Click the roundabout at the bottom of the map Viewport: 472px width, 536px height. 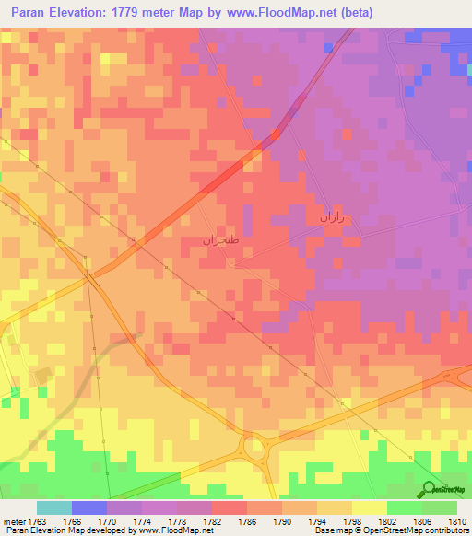254,450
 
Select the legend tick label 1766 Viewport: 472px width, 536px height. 71,520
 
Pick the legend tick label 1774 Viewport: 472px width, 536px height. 143,520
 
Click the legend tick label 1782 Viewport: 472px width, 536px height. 213,520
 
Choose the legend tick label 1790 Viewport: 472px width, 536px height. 283,520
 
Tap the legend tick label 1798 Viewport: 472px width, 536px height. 353,520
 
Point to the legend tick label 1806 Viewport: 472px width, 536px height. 423,520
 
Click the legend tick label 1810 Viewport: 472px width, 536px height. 455,520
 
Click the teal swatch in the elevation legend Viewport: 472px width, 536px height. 53,507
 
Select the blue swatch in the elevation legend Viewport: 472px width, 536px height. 89,507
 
